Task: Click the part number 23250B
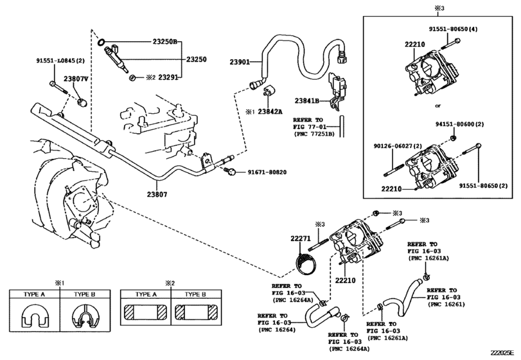point(166,42)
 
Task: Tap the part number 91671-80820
point(267,172)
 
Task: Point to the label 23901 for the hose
point(239,62)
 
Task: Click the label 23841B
point(306,100)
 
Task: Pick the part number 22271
point(301,239)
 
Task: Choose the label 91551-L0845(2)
point(60,60)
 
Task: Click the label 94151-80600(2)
point(459,124)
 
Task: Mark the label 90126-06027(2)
point(398,146)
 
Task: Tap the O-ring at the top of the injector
point(101,42)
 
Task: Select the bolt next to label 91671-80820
point(230,172)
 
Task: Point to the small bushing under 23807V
point(82,102)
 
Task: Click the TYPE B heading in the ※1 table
point(84,294)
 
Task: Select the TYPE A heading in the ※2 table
point(146,294)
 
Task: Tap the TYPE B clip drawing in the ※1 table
point(85,316)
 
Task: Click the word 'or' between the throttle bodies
point(438,105)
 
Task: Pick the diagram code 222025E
point(503,353)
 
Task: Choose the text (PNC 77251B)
point(314,134)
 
